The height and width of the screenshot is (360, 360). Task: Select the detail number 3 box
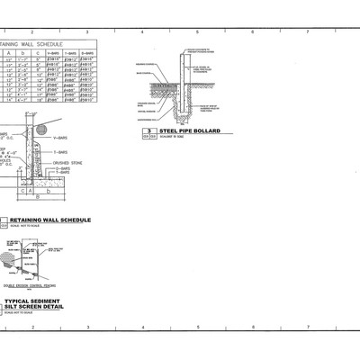(147, 132)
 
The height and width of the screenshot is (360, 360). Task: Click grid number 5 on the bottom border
(198, 328)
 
